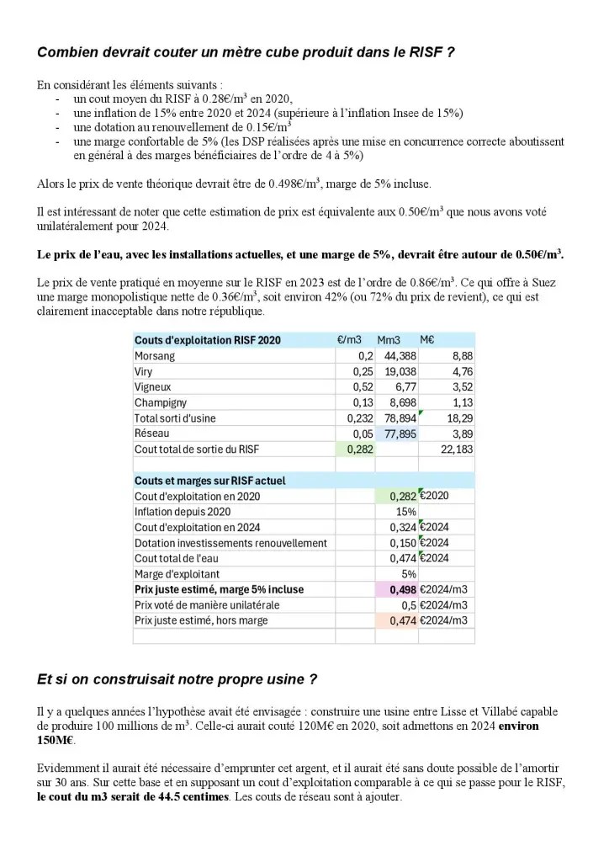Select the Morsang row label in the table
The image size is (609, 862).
(155, 356)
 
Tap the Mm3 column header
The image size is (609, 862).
(389, 341)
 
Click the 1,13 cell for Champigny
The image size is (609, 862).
(462, 402)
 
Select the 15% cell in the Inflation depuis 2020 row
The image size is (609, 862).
(406, 511)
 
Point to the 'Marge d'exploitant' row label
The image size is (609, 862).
(177, 574)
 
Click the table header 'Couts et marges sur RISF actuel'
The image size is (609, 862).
(209, 481)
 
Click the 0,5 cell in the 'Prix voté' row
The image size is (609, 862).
(409, 604)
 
